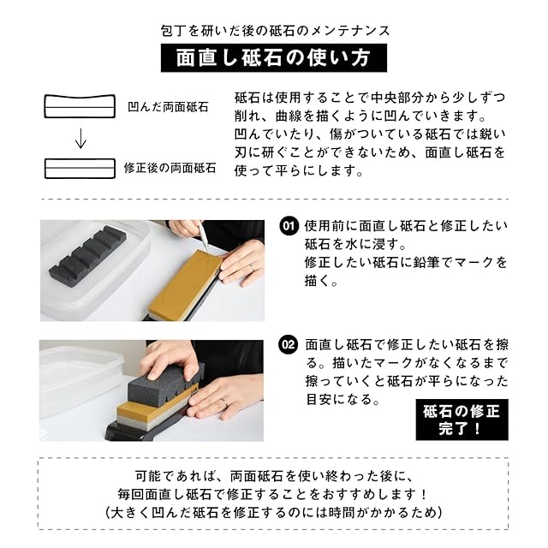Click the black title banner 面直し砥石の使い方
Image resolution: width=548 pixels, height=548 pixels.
tap(274, 57)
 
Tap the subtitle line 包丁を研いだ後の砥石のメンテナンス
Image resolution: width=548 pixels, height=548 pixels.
tap(276, 31)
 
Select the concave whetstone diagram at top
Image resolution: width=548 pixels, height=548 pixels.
tap(80, 106)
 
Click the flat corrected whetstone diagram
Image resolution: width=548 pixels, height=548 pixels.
tap(80, 169)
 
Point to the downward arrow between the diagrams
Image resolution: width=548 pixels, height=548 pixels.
tap(80, 139)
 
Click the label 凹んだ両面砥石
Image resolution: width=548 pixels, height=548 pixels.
tap(168, 106)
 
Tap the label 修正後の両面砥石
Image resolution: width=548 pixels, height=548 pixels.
tap(170, 168)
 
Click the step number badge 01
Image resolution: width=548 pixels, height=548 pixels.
tap(289, 226)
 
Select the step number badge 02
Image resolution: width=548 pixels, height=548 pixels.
tap(289, 345)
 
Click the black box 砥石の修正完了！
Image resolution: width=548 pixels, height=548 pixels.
tap(462, 420)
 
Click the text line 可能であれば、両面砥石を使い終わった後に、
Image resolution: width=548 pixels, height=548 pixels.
tap(275, 476)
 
